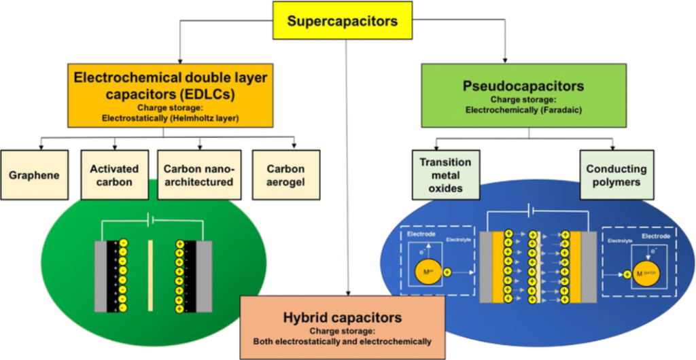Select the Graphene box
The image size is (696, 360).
click(x=33, y=175)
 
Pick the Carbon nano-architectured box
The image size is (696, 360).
click(x=198, y=175)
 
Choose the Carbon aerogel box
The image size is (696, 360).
click(x=285, y=175)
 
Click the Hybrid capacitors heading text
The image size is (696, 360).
click(x=343, y=317)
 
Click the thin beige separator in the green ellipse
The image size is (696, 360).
click(x=150, y=275)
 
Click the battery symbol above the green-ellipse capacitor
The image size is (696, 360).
click(x=151, y=221)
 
